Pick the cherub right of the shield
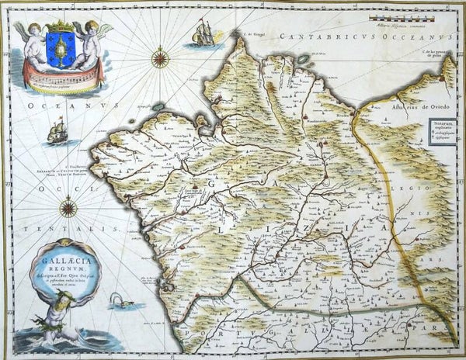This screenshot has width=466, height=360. [92, 42]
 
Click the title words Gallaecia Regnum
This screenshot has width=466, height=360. [67, 251]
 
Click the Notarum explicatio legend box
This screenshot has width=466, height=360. [442, 128]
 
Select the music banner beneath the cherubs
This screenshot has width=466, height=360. [63, 76]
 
